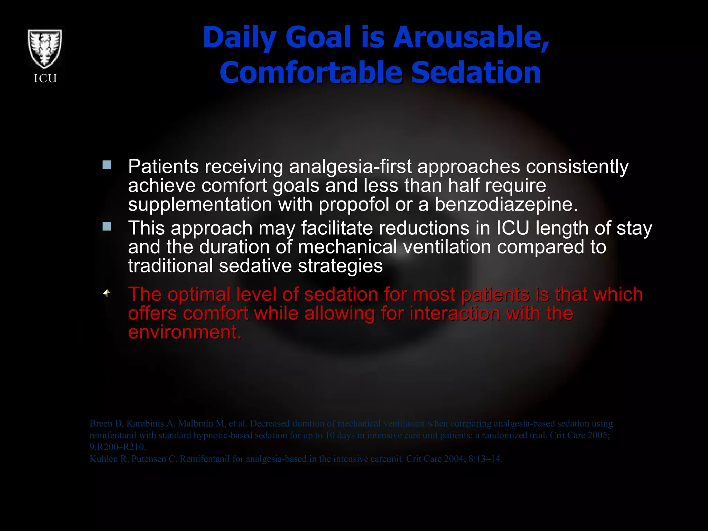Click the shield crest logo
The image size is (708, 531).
(x=45, y=49)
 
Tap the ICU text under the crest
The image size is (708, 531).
(x=45, y=79)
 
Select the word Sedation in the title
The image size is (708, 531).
(x=476, y=73)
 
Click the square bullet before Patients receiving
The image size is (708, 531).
(x=107, y=165)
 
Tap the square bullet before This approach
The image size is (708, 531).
(x=107, y=226)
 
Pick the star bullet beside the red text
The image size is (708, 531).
(x=107, y=293)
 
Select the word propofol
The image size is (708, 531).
(x=354, y=204)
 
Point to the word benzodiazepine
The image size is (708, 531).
(x=506, y=204)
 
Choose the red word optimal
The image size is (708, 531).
(x=199, y=295)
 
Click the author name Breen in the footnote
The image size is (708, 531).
(x=101, y=423)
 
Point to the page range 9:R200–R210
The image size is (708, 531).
(x=118, y=447)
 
